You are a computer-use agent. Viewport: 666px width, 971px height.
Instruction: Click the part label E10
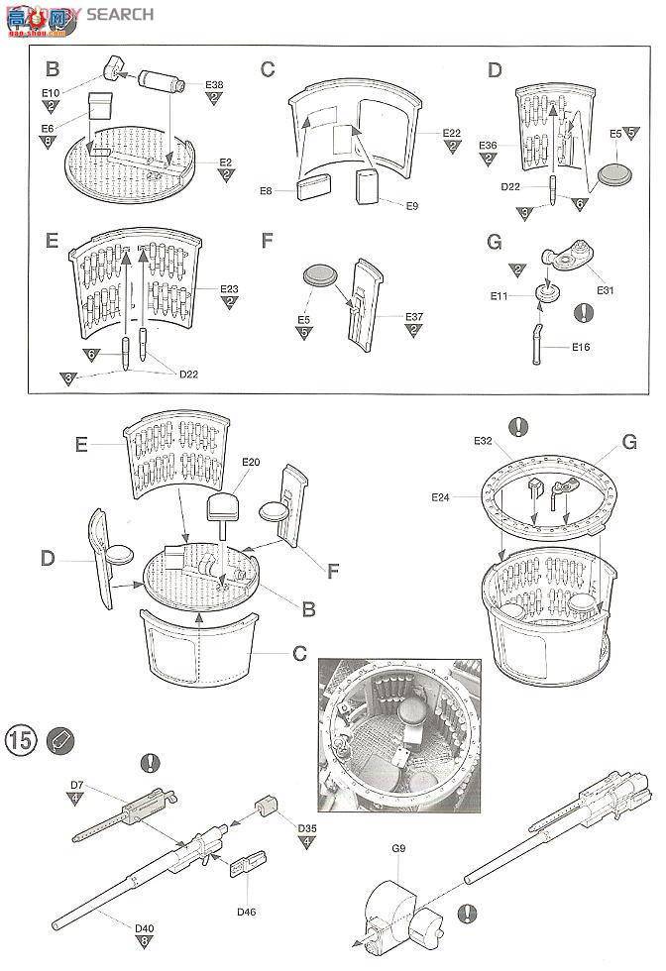(52, 93)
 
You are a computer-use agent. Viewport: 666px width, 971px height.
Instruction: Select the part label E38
(215, 85)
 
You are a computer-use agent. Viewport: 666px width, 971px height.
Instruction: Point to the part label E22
(452, 133)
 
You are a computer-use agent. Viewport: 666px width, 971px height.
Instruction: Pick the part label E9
(413, 205)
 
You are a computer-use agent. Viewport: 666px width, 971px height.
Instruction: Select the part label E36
(488, 146)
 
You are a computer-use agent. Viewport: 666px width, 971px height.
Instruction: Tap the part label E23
(229, 288)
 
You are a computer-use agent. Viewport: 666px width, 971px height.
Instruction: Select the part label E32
(483, 440)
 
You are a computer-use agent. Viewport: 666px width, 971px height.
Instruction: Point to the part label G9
(398, 848)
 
